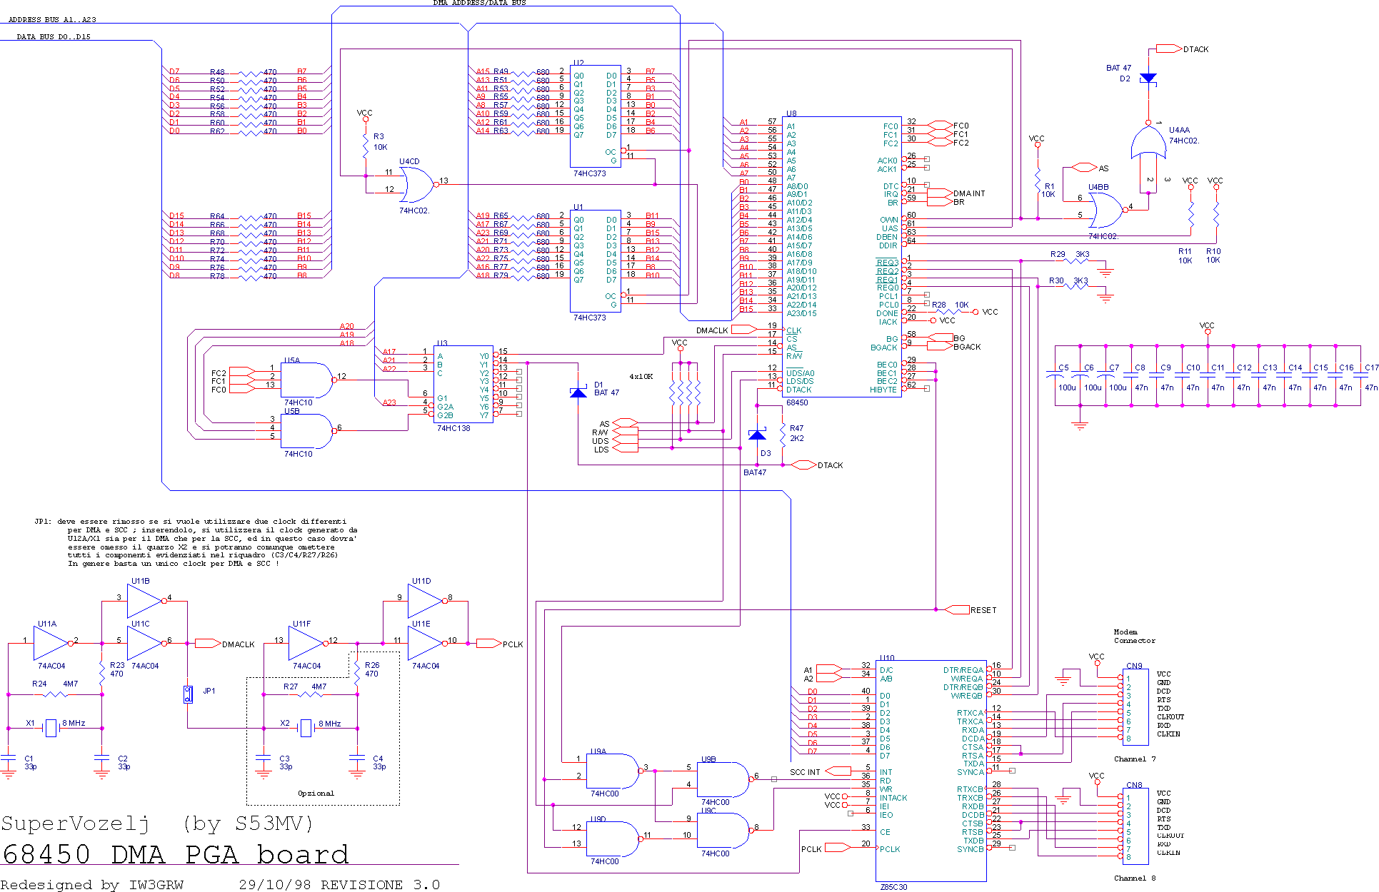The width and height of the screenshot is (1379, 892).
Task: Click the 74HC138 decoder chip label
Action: click(x=453, y=428)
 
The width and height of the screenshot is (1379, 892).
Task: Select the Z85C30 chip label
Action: click(x=893, y=887)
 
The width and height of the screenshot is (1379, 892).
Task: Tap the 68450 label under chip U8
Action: click(x=797, y=402)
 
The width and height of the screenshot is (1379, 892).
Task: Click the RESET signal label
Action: click(x=983, y=610)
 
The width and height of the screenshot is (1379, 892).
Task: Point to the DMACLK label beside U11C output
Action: click(x=238, y=644)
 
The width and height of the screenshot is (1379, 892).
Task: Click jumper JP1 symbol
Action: click(x=188, y=694)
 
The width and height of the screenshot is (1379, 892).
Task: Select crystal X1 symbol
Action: click(x=51, y=728)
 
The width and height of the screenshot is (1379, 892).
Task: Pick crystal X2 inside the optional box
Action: click(x=306, y=728)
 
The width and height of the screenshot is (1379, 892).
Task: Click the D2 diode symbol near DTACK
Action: click(x=1148, y=78)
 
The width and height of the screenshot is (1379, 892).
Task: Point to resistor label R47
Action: click(x=796, y=429)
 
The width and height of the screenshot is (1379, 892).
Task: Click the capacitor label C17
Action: click(x=1371, y=368)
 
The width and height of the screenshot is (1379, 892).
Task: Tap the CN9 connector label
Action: click(x=1134, y=666)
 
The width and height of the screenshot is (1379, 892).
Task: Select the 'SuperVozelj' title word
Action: click(x=75, y=824)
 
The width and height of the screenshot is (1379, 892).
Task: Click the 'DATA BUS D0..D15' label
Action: click(x=54, y=37)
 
